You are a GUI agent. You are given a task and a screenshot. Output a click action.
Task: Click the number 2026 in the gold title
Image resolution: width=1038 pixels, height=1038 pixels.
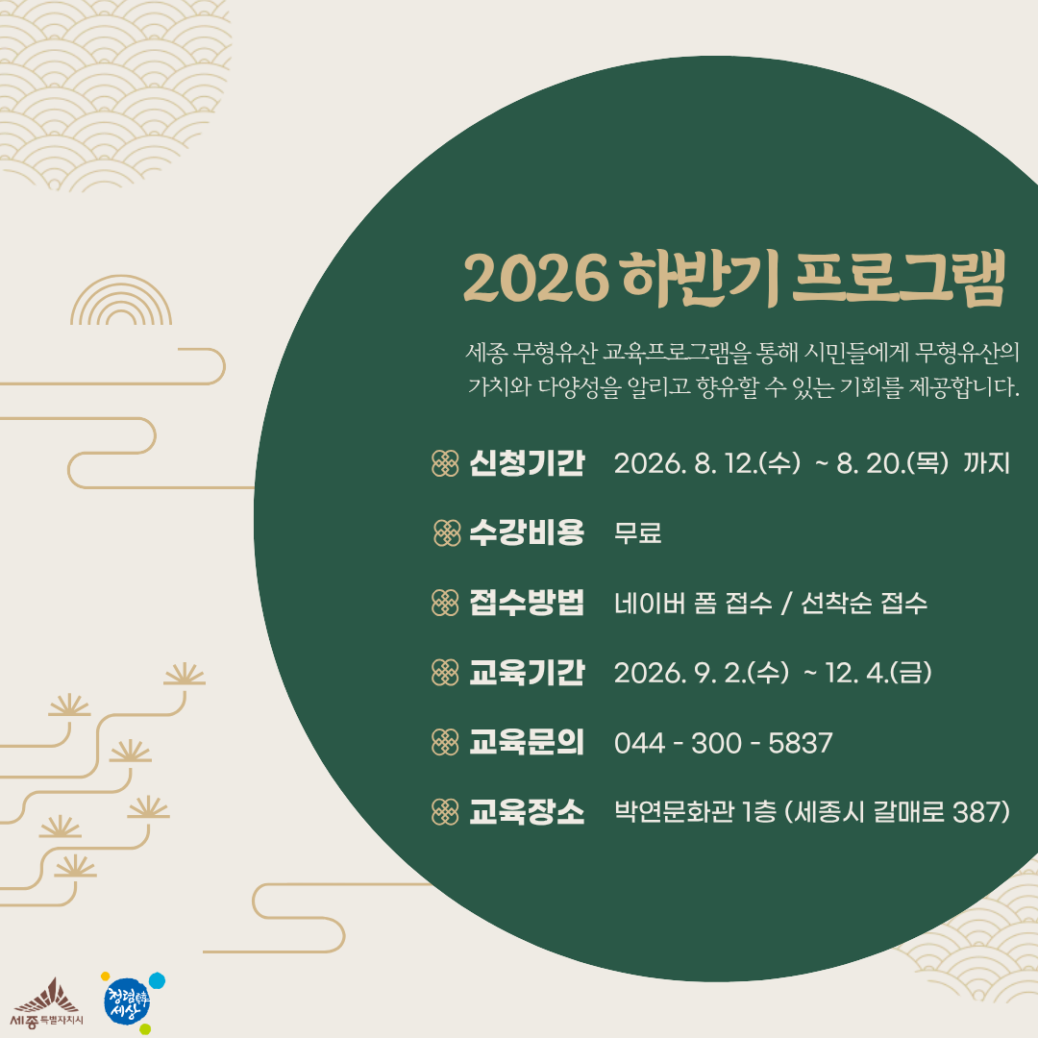click(536, 278)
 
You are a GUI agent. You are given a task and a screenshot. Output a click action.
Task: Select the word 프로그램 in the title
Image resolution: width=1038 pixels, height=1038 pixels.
click(899, 278)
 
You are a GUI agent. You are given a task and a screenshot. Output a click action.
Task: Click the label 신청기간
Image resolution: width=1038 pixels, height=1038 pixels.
click(527, 462)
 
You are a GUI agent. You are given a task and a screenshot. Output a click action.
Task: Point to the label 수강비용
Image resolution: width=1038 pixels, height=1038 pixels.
click(527, 532)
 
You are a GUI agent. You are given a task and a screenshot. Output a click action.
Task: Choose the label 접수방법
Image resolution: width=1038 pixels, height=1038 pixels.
click(527, 603)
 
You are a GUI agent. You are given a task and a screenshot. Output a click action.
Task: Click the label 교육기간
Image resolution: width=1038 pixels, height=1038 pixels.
click(527, 673)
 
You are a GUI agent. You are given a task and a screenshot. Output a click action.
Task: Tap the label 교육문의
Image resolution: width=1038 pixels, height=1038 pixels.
click(527, 743)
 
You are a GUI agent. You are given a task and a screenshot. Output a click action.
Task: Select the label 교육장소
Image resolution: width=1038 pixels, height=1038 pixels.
click(527, 812)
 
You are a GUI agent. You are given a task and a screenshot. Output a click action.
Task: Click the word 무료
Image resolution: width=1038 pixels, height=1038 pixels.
click(638, 532)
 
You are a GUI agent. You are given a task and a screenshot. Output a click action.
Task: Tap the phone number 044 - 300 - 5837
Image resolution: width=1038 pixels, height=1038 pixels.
click(724, 743)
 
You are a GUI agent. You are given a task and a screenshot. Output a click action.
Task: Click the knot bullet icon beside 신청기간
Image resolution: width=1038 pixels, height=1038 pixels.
click(445, 463)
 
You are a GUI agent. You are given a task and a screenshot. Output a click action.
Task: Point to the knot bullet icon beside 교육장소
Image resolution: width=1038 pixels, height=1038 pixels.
click(445, 812)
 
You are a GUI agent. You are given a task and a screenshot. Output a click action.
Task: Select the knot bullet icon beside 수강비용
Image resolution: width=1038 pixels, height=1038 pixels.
click(447, 532)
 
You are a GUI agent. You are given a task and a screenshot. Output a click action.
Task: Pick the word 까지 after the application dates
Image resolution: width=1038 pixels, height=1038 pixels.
click(986, 463)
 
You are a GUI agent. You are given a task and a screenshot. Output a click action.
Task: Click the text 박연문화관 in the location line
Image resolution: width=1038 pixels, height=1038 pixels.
click(674, 812)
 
